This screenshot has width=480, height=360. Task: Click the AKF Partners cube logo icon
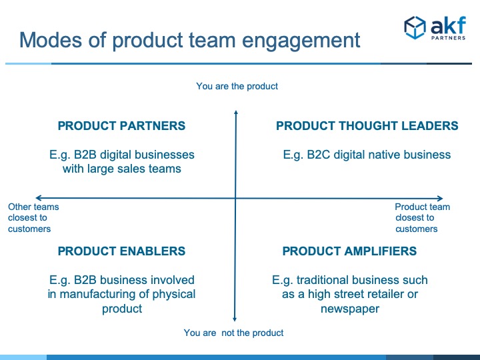[x=415, y=27]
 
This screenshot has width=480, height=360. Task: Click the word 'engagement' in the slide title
[x=301, y=41]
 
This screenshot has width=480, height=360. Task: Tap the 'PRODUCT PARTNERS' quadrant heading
[x=121, y=126]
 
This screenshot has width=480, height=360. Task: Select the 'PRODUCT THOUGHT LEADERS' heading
[x=367, y=126]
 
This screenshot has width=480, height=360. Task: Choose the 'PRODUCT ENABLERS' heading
[x=121, y=251]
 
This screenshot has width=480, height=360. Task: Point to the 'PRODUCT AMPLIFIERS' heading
[x=349, y=251]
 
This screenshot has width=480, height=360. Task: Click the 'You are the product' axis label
[x=237, y=86]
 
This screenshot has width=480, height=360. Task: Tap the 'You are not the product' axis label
[x=233, y=333]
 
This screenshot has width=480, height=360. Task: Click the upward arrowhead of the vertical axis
[x=236, y=112]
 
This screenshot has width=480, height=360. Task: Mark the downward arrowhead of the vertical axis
[x=235, y=319]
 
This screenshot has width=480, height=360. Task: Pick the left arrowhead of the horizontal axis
[x=37, y=198]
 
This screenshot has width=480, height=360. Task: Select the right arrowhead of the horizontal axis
[x=441, y=199]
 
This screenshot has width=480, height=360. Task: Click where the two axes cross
[x=235, y=199]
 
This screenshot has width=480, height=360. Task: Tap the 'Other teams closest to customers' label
[x=33, y=217]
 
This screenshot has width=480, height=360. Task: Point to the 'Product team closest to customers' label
[x=423, y=217]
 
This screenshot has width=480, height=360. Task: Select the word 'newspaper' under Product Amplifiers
[x=350, y=309]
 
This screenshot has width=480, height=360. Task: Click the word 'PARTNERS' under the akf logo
[x=449, y=38]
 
